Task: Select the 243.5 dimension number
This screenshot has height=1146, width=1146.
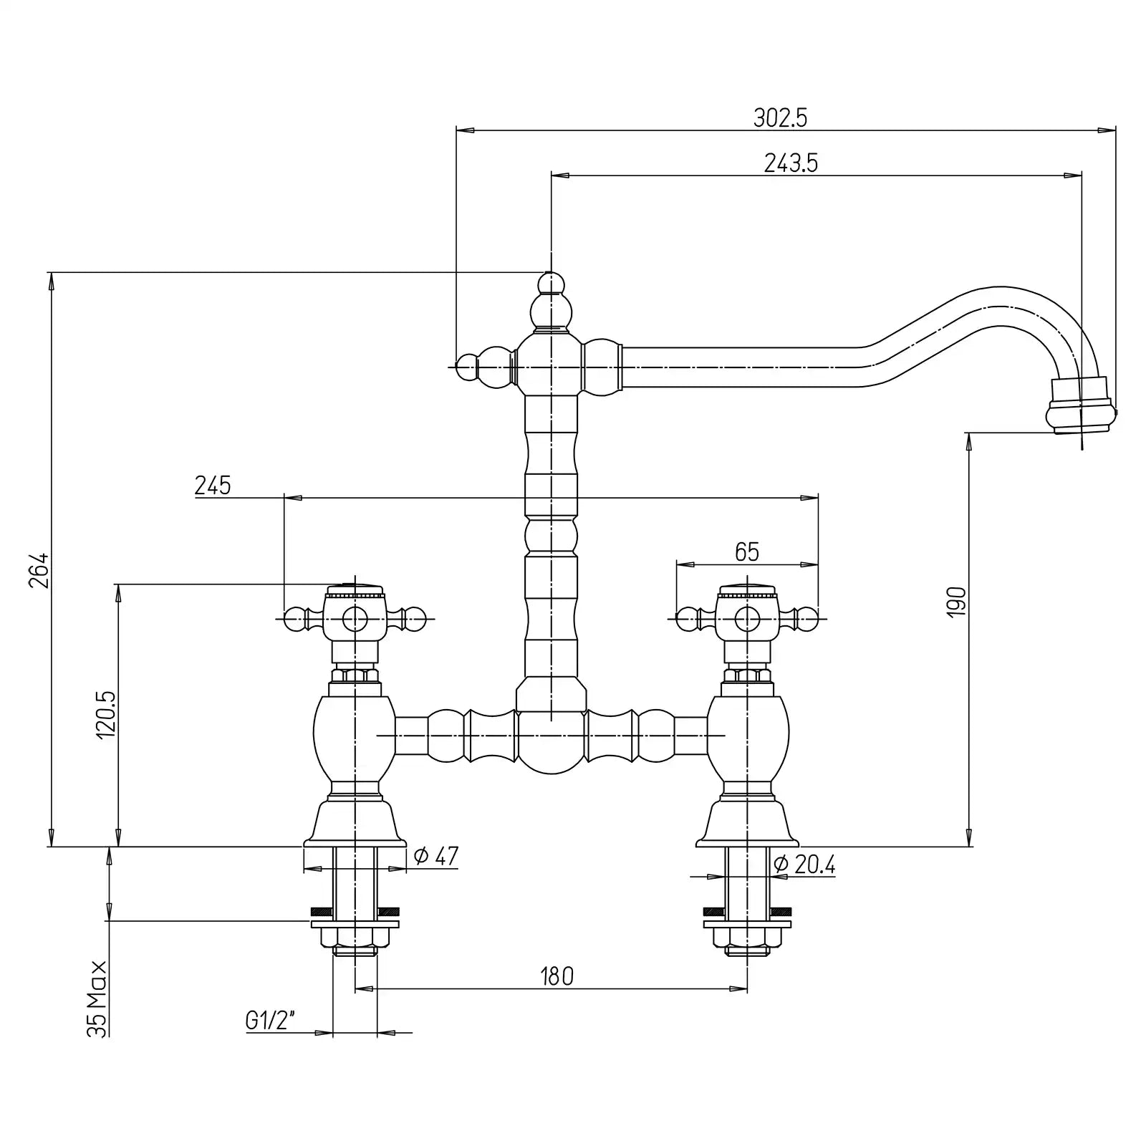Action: click(x=791, y=163)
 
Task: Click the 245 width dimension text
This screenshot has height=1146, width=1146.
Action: click(x=213, y=486)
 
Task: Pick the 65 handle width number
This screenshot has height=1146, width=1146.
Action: click(x=746, y=552)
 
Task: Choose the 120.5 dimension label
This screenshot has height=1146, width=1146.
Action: click(x=105, y=715)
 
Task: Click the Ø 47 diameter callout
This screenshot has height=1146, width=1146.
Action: click(x=436, y=856)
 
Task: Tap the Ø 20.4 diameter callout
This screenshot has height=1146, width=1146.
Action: click(x=804, y=865)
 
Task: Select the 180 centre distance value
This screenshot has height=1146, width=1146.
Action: click(x=557, y=976)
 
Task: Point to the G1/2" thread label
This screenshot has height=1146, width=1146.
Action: click(x=271, y=1020)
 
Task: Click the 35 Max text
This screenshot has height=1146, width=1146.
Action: click(x=97, y=998)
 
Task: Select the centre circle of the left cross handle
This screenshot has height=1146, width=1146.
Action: click(x=354, y=618)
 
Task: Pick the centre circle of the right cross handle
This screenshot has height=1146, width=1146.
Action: click(x=747, y=618)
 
